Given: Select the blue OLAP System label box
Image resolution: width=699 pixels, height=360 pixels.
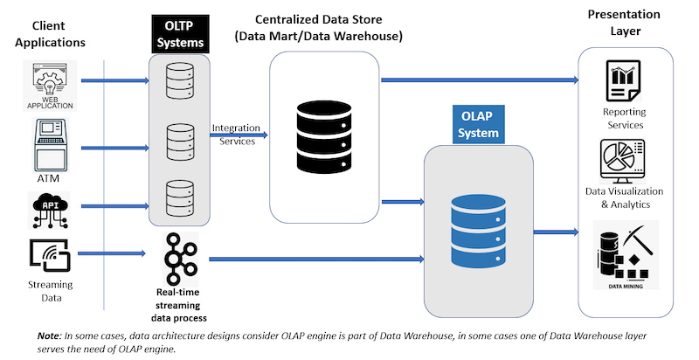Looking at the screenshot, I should click(480, 125).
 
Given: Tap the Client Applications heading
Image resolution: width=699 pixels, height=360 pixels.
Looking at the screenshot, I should click(52, 34).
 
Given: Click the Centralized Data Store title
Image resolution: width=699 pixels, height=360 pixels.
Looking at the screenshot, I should click(319, 27).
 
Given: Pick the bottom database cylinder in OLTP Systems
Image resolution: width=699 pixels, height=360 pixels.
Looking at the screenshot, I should click(178, 200).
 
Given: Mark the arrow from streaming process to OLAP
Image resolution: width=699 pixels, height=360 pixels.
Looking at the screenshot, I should click(315, 260).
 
